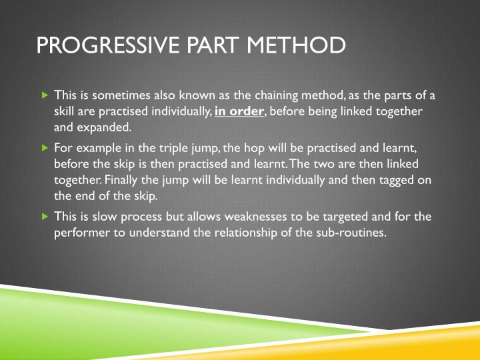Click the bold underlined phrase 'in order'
pyautogui.click(x=239, y=111)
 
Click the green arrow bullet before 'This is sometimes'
pyautogui.click(x=45, y=95)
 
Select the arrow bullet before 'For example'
pyautogui.click(x=45, y=148)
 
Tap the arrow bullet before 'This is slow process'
pyautogui.click(x=45, y=217)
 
